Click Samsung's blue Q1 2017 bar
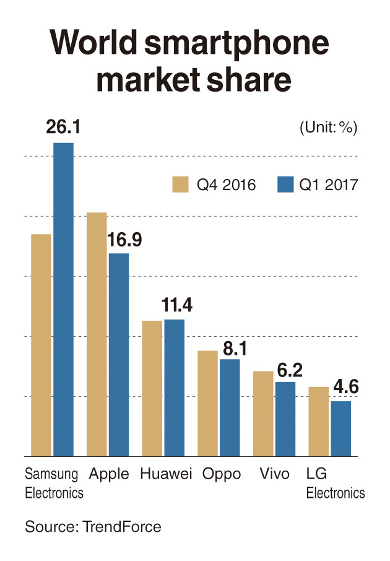(63, 300)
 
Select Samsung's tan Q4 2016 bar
(41, 346)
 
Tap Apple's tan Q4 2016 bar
(97, 334)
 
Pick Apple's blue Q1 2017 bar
(119, 355)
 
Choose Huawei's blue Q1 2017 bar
(174, 388)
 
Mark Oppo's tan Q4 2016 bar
(207, 404)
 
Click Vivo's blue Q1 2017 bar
(285, 419)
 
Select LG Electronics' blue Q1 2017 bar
(340, 429)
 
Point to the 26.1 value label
(63, 127)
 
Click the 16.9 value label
(124, 240)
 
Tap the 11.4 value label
(177, 305)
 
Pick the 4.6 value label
(346, 387)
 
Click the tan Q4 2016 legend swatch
(180, 185)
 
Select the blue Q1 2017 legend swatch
(285, 185)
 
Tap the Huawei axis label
(166, 474)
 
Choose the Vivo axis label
(274, 474)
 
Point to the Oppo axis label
(222, 475)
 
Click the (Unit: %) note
(329, 128)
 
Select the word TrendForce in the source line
(122, 527)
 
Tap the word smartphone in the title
(236, 43)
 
